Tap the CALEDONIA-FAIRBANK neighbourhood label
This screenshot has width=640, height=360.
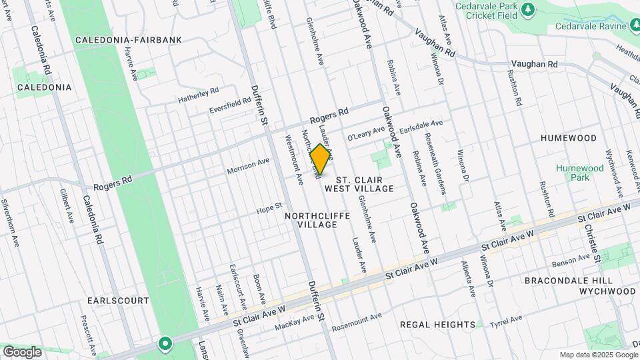[x=138, y=40]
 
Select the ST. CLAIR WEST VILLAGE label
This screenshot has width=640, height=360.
[x=365, y=184]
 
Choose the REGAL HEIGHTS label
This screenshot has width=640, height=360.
[x=437, y=324]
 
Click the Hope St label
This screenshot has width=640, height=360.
[x=270, y=209]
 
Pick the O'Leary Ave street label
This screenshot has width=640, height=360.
[x=365, y=132]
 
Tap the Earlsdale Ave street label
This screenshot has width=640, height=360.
[x=415, y=124]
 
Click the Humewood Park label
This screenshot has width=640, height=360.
[x=573, y=173]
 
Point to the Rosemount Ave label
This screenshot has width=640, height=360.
[x=357, y=319]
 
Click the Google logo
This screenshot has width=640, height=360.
[x=22, y=351]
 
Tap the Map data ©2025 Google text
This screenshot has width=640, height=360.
[x=597, y=355]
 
